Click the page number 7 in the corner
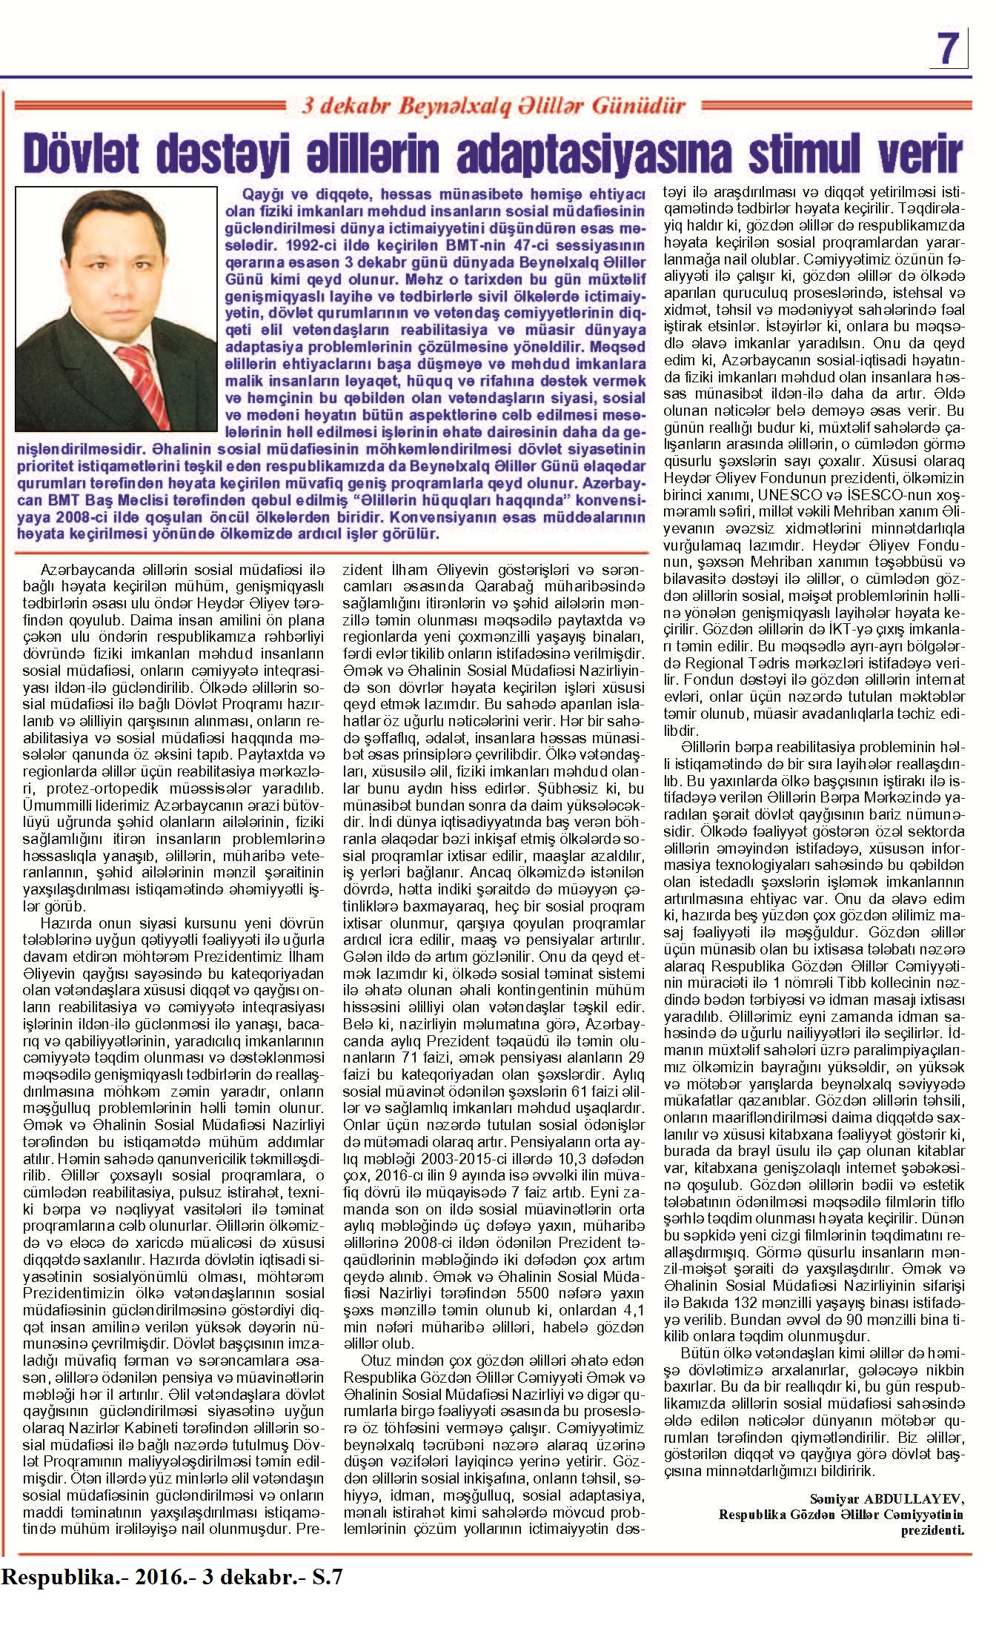(949, 50)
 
